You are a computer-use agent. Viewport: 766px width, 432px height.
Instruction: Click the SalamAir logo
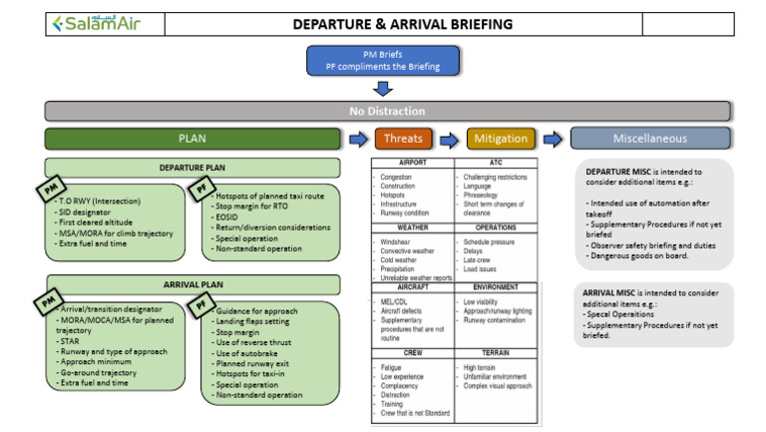pyautogui.click(x=98, y=23)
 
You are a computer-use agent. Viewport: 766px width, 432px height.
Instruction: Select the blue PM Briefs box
pyautogui.click(x=383, y=60)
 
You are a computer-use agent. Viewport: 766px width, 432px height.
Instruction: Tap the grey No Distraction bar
pyautogui.click(x=386, y=111)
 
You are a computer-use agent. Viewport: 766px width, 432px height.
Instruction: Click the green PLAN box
pyautogui.click(x=191, y=139)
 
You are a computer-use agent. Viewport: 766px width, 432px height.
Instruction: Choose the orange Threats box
pyautogui.click(x=404, y=139)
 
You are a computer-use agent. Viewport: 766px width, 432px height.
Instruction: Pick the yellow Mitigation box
pyautogui.click(x=501, y=139)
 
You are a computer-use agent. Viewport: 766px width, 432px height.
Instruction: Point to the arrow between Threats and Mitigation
pyautogui.click(x=452, y=139)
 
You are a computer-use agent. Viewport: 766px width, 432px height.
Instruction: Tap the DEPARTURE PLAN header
pyautogui.click(x=191, y=168)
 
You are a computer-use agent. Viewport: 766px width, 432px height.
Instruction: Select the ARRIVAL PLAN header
pyautogui.click(x=191, y=283)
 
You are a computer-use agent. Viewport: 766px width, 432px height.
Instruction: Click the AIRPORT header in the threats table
pyautogui.click(x=413, y=162)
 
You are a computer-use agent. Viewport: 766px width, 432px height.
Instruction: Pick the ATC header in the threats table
pyautogui.click(x=496, y=162)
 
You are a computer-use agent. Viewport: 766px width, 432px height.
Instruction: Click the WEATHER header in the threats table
pyautogui.click(x=413, y=227)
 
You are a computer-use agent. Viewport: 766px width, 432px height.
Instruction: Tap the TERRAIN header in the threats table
pyautogui.click(x=496, y=352)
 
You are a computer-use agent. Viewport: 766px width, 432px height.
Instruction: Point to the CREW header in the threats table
pyautogui.click(x=413, y=352)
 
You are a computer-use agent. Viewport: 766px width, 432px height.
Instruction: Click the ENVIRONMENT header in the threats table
pyautogui.click(x=496, y=286)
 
